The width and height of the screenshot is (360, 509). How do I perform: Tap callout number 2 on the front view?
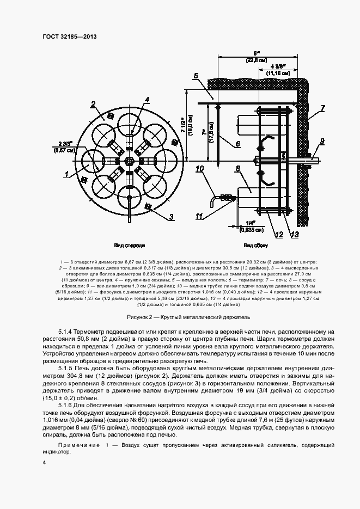[93, 104]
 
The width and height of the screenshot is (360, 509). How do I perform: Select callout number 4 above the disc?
[147, 100]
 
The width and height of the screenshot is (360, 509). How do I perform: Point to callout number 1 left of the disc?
[66, 174]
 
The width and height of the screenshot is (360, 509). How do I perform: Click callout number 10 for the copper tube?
[199, 169]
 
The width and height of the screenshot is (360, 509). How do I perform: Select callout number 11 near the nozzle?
[199, 216]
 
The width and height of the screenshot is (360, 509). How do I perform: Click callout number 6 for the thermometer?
[237, 144]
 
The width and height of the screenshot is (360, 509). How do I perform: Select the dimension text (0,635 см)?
[251, 230]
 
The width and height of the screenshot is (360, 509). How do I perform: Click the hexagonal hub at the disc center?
[130, 161]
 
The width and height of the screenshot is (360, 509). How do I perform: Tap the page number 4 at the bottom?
[44, 463]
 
